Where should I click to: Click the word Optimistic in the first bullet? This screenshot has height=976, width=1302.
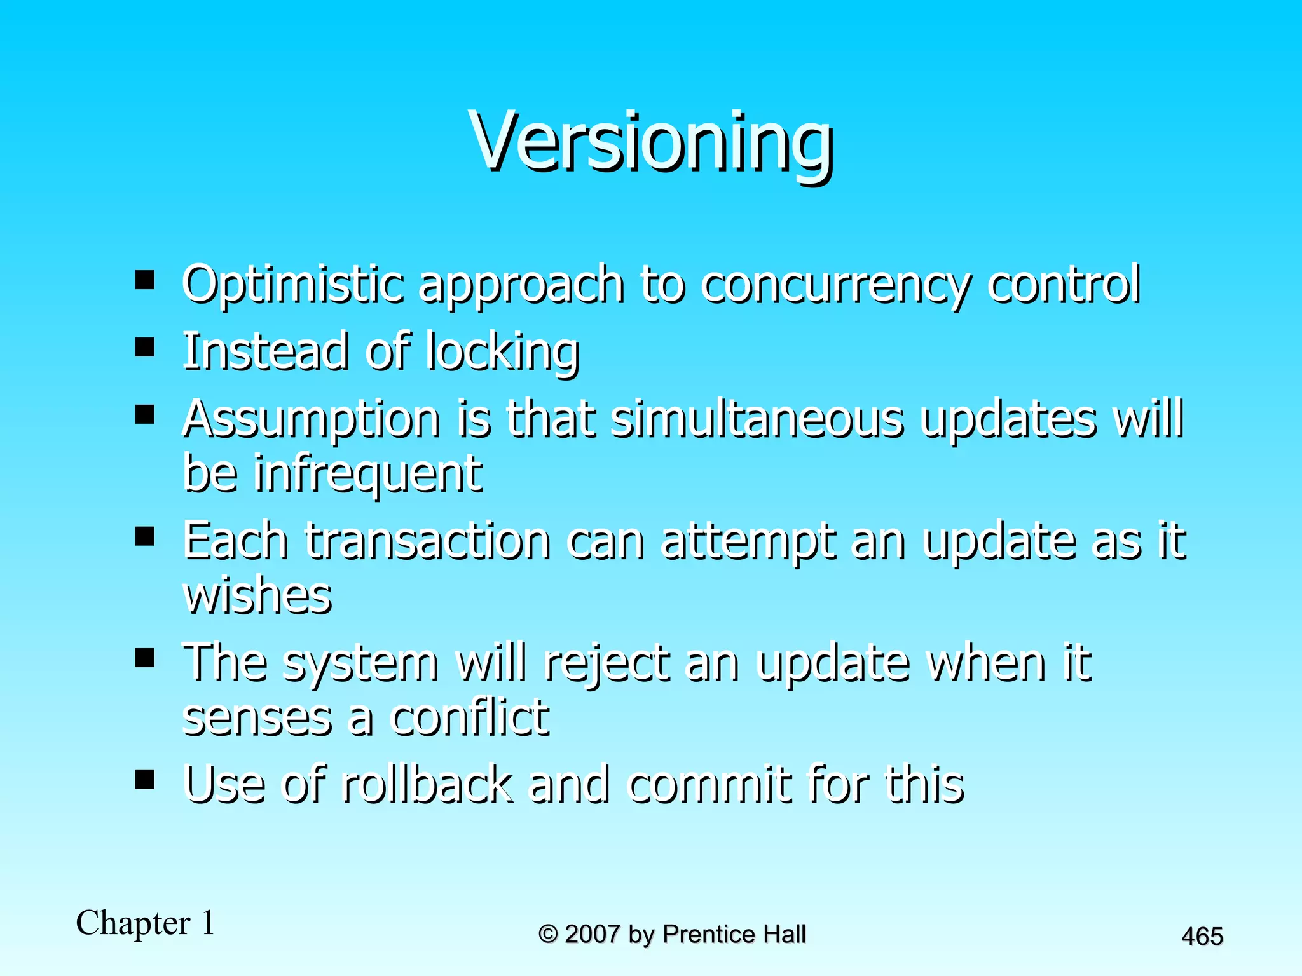[293, 284]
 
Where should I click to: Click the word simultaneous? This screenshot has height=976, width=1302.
[757, 419]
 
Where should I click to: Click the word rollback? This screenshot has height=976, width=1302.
[427, 785]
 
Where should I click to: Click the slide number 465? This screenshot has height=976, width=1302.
[1202, 937]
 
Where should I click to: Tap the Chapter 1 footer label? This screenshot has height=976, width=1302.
[146, 923]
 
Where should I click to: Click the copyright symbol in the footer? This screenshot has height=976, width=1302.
[548, 935]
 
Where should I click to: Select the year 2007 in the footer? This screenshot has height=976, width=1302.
[592, 935]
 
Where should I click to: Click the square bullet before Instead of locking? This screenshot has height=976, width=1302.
[145, 347]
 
